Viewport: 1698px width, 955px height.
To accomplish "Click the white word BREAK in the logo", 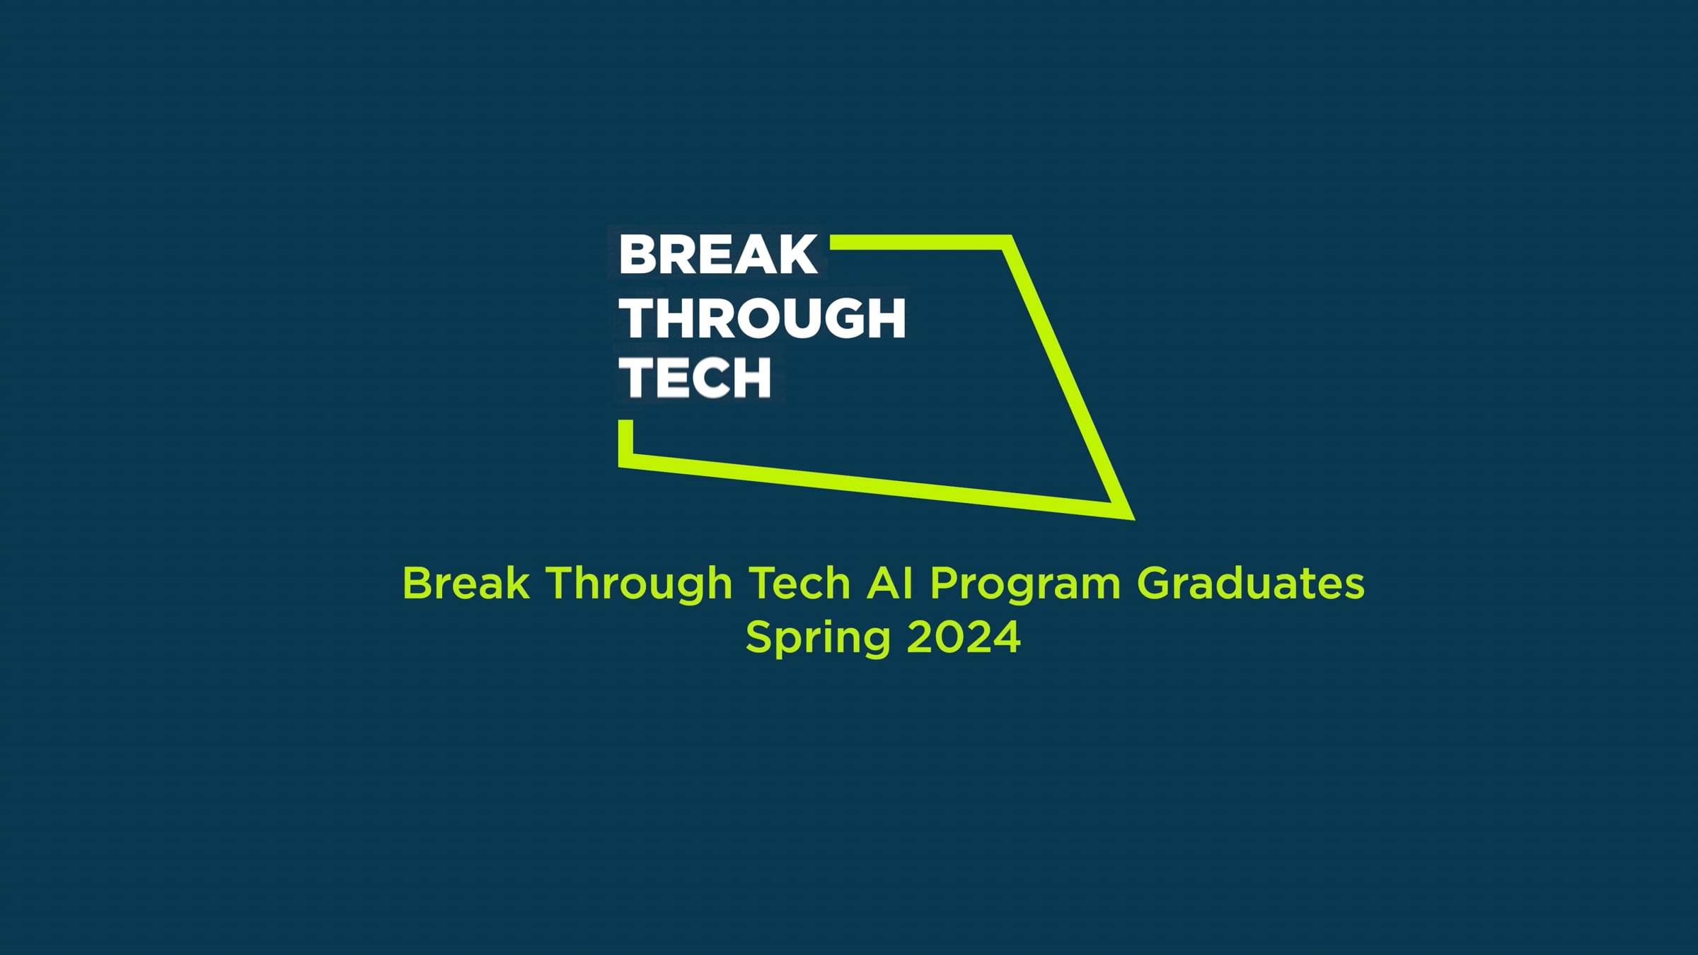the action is pos(718,255).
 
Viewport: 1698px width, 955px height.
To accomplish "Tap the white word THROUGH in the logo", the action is pos(763,318).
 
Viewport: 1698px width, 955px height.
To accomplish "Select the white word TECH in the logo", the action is pos(695,378).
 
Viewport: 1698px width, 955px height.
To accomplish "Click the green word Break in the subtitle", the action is pos(466,584).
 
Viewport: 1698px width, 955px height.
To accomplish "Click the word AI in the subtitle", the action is pos(890,584).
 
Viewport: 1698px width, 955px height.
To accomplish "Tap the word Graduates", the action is pos(1251,584).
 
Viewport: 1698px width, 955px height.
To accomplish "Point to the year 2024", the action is pos(964,637).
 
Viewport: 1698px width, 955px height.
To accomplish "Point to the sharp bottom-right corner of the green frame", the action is pos(1133,519).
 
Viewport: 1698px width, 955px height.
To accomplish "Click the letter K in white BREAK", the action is pos(800,255).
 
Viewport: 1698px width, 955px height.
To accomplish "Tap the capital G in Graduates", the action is pos(1155,584).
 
